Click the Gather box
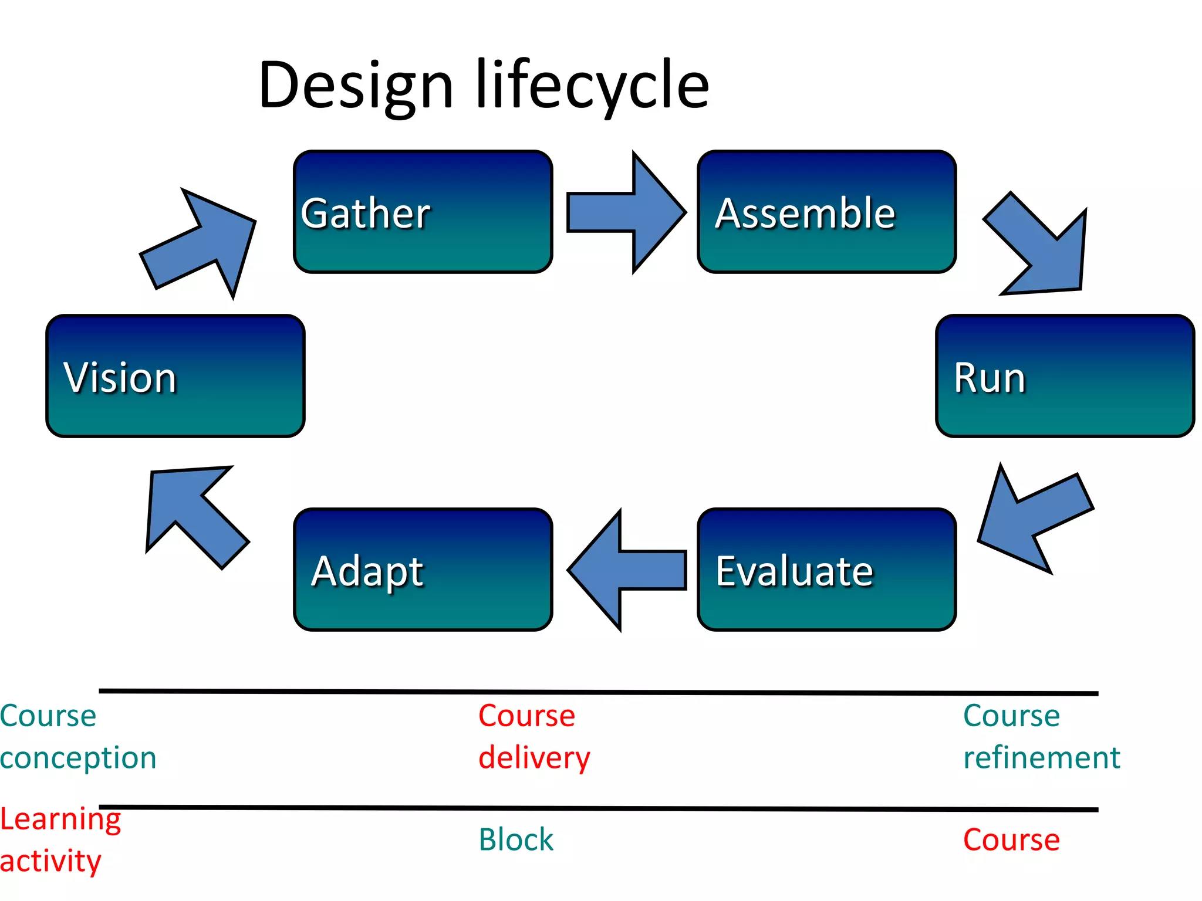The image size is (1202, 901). click(423, 212)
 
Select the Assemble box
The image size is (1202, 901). click(826, 212)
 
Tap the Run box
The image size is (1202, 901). click(1065, 376)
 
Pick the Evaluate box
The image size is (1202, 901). click(826, 570)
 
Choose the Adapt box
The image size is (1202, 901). click(423, 570)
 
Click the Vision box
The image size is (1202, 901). click(175, 376)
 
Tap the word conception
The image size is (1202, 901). click(78, 757)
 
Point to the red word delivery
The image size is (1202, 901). click(534, 757)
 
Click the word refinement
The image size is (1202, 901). click(1042, 757)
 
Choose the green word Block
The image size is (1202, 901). click(516, 839)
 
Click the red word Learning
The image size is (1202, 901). click(60, 819)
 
